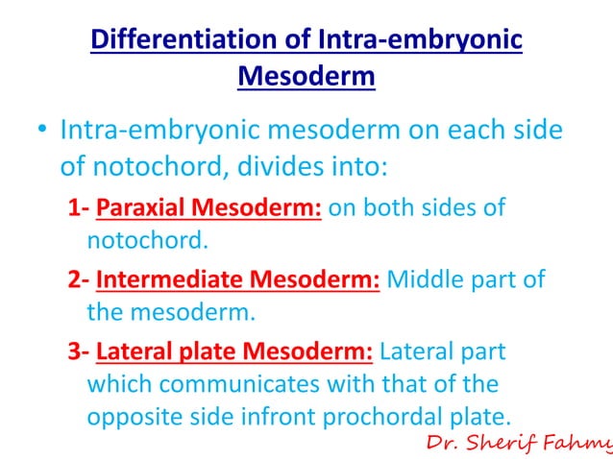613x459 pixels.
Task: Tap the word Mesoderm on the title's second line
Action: [x=306, y=76]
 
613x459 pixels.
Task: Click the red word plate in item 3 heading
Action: [x=201, y=351]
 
